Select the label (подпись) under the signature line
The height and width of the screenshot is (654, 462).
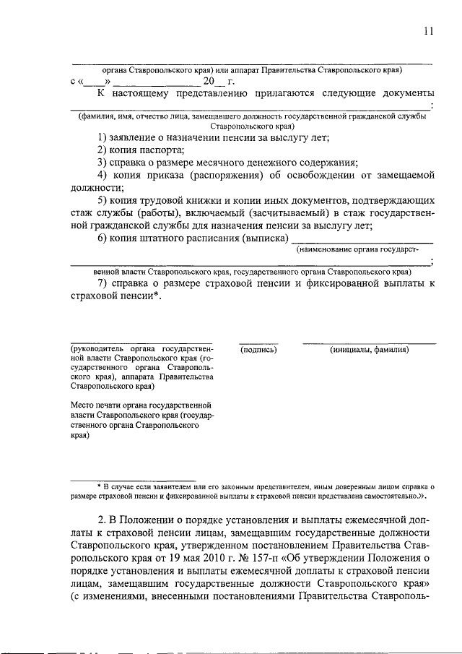[258, 349]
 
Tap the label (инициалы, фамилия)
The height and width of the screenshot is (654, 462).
[369, 349]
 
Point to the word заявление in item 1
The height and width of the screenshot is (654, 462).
[142, 137]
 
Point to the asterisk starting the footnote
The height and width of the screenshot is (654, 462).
[100, 487]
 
